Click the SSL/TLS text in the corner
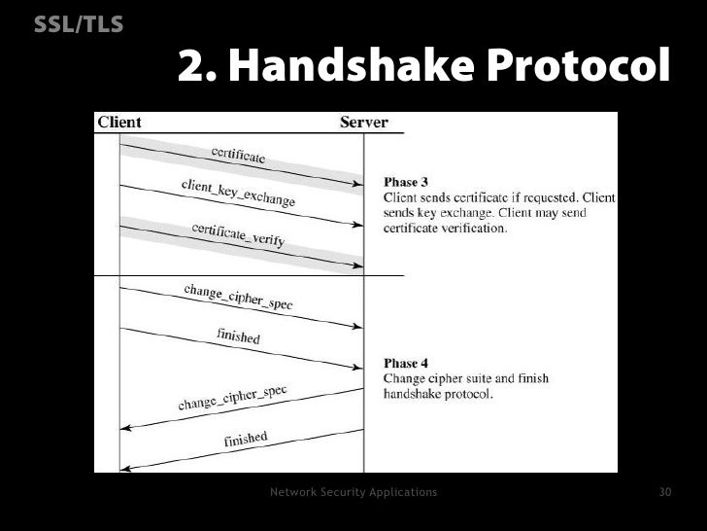(79, 24)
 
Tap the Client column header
(118, 123)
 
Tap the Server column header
(363, 123)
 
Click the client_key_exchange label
(238, 192)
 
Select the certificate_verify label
(238, 234)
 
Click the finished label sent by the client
(238, 336)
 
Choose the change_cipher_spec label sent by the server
(232, 398)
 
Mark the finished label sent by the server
(246, 440)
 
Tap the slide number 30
(665, 492)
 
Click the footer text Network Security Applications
(353, 492)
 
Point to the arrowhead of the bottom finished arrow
(124, 468)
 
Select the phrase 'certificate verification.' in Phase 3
(445, 229)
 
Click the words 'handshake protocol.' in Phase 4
(439, 395)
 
